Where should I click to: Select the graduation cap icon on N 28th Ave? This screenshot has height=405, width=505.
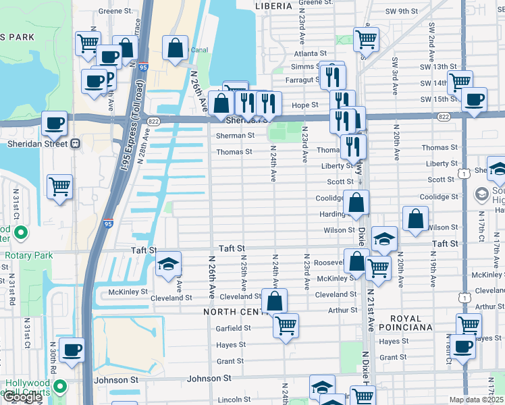(168, 263)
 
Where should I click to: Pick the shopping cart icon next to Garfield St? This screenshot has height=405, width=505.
(286, 325)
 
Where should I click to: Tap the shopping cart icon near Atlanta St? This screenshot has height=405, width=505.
(365, 39)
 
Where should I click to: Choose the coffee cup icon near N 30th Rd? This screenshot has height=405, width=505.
(72, 350)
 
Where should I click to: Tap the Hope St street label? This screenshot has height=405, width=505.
(305, 105)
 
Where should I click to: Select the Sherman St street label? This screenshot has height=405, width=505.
(235, 135)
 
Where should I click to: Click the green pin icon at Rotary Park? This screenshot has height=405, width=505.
(21, 234)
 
